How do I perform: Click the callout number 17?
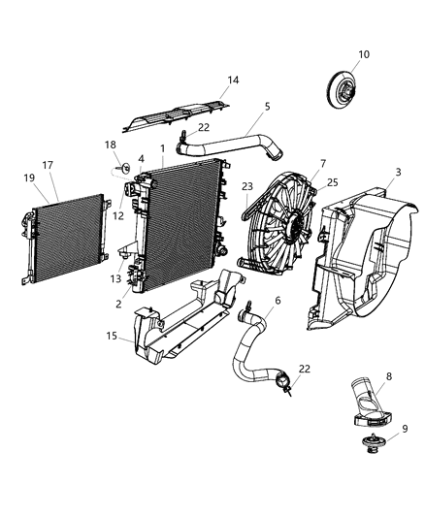point(47,165)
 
